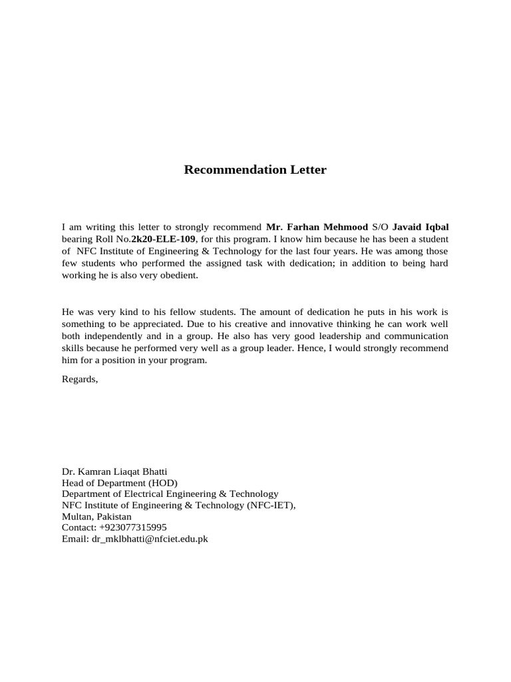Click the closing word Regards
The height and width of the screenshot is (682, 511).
point(79,379)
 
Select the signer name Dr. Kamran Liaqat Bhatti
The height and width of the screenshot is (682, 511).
point(114,471)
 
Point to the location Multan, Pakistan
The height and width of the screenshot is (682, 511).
point(96,516)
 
